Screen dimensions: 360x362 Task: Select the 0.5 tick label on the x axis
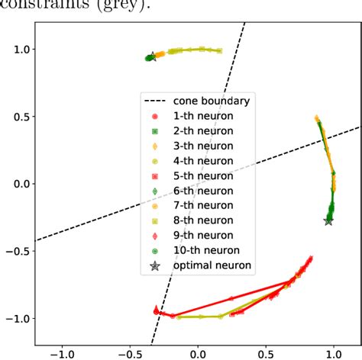pos(266,353)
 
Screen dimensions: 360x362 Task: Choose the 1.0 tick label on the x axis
pos(334,353)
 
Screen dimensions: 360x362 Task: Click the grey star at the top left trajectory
pos(151,56)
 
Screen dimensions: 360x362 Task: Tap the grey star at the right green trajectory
pos(328,220)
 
